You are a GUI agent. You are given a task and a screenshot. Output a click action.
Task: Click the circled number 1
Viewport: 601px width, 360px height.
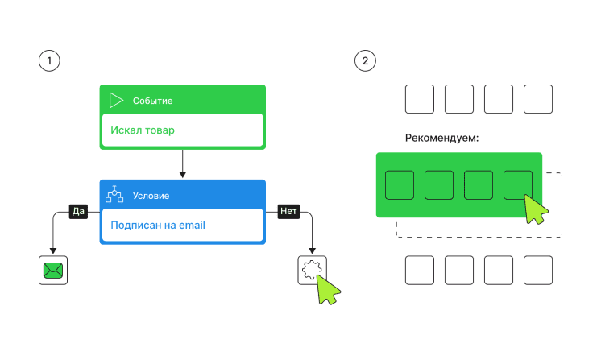pyautogui.click(x=49, y=61)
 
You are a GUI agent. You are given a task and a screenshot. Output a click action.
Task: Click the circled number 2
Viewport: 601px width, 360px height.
pyautogui.click(x=366, y=61)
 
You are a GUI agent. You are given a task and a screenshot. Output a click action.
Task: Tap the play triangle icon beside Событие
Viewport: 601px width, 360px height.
pyautogui.click(x=116, y=100)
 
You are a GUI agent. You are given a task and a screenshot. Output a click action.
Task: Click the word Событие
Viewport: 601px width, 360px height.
pyautogui.click(x=152, y=101)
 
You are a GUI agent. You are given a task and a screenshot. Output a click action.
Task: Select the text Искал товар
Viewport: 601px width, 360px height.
pyautogui.click(x=143, y=130)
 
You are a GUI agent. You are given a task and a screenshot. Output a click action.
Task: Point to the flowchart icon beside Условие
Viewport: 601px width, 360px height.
pyautogui.click(x=115, y=195)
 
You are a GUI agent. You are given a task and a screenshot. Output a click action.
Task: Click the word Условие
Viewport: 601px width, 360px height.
pyautogui.click(x=151, y=196)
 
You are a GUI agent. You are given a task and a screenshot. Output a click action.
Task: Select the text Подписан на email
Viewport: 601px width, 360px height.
pyautogui.click(x=158, y=225)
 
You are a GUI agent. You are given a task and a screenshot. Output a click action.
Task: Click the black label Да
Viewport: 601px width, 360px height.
pyautogui.click(x=78, y=211)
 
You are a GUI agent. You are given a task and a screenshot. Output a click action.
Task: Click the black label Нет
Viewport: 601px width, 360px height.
pyautogui.click(x=288, y=211)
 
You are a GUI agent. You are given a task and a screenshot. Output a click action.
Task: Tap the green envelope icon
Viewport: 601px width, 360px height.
pyautogui.click(x=53, y=270)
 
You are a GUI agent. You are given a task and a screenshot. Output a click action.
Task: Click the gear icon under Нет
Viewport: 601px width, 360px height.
pyautogui.click(x=309, y=270)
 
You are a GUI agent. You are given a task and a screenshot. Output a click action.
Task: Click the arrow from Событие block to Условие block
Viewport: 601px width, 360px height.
pyautogui.click(x=182, y=163)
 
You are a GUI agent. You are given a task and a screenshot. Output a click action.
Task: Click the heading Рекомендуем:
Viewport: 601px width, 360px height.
pyautogui.click(x=441, y=138)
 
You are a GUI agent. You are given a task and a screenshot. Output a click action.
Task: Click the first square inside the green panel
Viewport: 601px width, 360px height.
pyautogui.click(x=400, y=185)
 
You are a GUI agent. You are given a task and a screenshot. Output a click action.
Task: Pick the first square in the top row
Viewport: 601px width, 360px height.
pyautogui.click(x=419, y=99)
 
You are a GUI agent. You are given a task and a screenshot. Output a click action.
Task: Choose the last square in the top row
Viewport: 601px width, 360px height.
pyautogui.click(x=538, y=99)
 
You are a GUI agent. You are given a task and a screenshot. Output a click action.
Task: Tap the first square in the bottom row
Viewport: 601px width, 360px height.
pyautogui.click(x=419, y=270)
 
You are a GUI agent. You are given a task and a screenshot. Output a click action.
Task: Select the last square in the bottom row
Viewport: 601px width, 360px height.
pyautogui.click(x=538, y=270)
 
